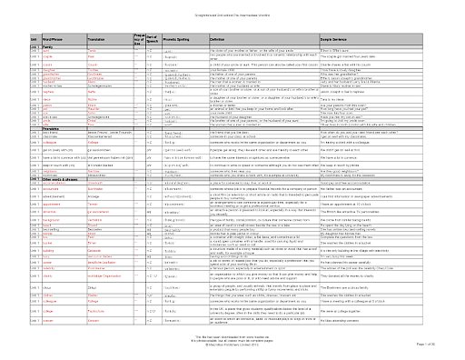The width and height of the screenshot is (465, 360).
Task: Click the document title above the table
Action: tap(232, 7)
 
